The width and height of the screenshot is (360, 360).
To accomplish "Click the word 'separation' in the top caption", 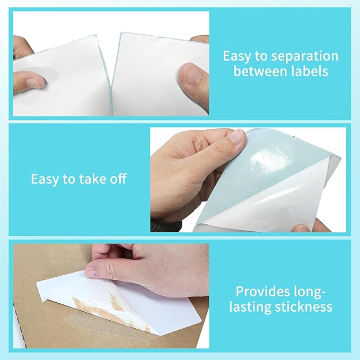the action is (x=304, y=57).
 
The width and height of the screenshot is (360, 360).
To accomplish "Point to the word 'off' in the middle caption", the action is (x=118, y=179).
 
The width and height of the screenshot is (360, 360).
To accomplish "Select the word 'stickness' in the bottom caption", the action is (x=303, y=307).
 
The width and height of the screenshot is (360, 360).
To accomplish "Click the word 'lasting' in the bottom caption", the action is (x=250, y=307).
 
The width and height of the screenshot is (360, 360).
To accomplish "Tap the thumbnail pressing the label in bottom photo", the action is (x=91, y=271).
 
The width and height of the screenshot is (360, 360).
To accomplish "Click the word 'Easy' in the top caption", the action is (x=236, y=57).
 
